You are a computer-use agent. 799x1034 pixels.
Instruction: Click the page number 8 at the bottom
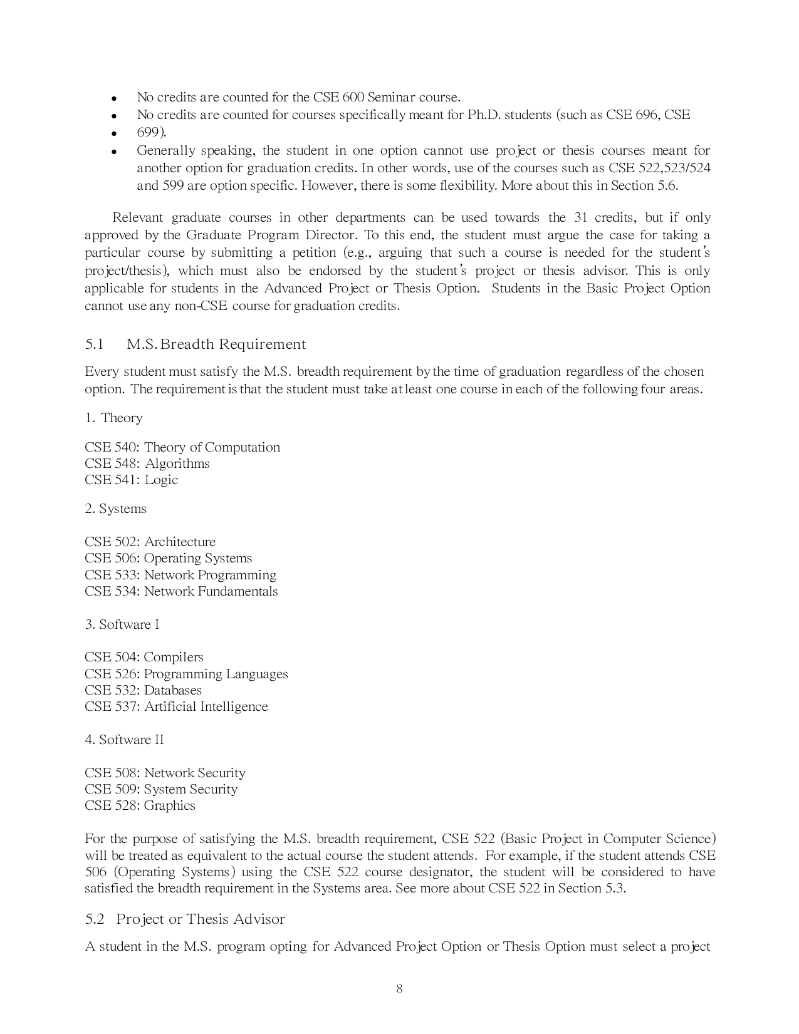[x=399, y=989]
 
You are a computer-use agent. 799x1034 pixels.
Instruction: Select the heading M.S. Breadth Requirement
[x=216, y=344]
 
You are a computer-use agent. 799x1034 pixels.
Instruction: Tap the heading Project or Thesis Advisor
[x=201, y=919]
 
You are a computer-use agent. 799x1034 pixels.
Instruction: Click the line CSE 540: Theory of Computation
[x=182, y=447]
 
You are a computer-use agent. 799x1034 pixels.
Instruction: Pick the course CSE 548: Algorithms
[x=147, y=463]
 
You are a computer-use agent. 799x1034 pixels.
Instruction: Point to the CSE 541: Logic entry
[x=132, y=480]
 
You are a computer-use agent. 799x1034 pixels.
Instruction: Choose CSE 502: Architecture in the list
[x=150, y=542]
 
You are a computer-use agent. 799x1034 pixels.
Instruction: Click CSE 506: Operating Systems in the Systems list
[x=169, y=558]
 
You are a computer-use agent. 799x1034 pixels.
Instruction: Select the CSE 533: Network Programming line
[x=180, y=575]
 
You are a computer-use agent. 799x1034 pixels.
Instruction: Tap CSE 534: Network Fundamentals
[x=181, y=591]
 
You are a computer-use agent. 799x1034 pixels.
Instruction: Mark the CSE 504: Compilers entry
[x=144, y=657]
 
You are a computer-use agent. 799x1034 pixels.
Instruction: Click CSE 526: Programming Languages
[x=186, y=674]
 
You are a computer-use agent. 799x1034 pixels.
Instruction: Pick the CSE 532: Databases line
[x=144, y=690]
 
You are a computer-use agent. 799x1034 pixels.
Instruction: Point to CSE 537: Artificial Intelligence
[x=176, y=706]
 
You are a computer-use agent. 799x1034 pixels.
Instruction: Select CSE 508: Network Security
[x=165, y=773]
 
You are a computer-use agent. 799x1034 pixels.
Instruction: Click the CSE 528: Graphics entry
[x=140, y=805]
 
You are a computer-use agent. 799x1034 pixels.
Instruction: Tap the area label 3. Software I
[x=122, y=624]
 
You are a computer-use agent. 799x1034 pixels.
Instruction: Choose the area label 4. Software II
[x=124, y=740]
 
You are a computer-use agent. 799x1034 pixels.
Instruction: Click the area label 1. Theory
[x=113, y=418]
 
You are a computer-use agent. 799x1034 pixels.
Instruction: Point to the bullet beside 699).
[x=114, y=133]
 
